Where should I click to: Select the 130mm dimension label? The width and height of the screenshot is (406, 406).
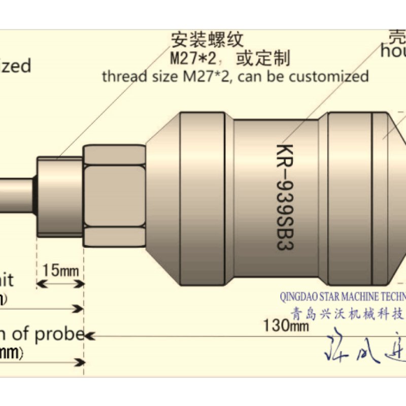[286, 325]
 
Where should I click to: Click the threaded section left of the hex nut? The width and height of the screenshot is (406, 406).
[59, 195]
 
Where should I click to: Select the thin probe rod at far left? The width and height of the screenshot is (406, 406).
[15, 195]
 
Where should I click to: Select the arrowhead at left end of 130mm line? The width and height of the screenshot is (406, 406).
[90, 335]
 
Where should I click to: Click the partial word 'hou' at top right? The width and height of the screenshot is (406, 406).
[393, 51]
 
